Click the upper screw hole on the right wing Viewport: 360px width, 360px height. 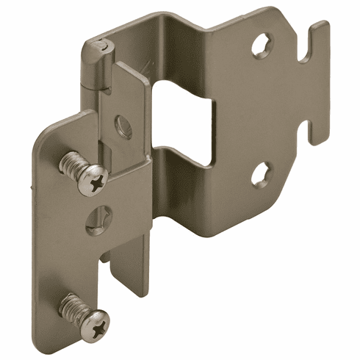click(262, 48)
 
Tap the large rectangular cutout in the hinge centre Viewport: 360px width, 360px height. click(187, 118)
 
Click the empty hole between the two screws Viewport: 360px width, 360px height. click(96, 218)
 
